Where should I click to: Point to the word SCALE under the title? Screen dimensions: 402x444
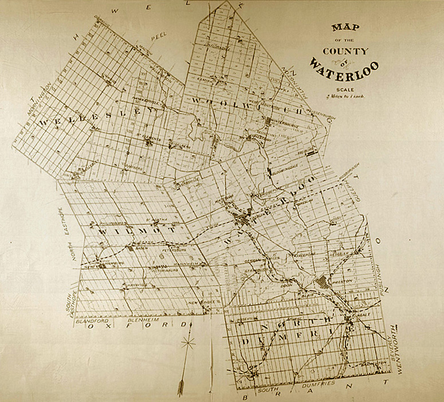click(x=345, y=89)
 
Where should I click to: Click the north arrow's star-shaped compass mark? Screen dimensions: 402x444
click(x=185, y=344)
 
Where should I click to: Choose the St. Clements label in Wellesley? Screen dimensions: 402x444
click(x=146, y=138)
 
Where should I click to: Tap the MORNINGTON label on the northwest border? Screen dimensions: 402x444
click(x=40, y=99)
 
